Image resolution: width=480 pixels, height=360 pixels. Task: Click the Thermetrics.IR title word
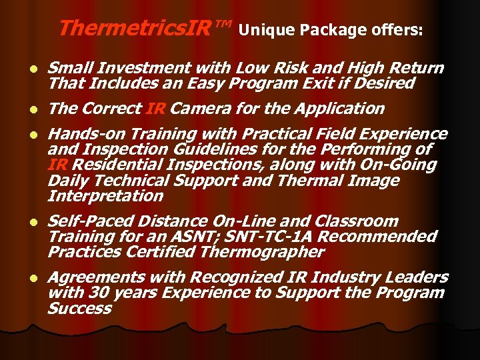tap(143, 28)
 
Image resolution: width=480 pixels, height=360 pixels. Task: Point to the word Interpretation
tap(105, 195)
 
